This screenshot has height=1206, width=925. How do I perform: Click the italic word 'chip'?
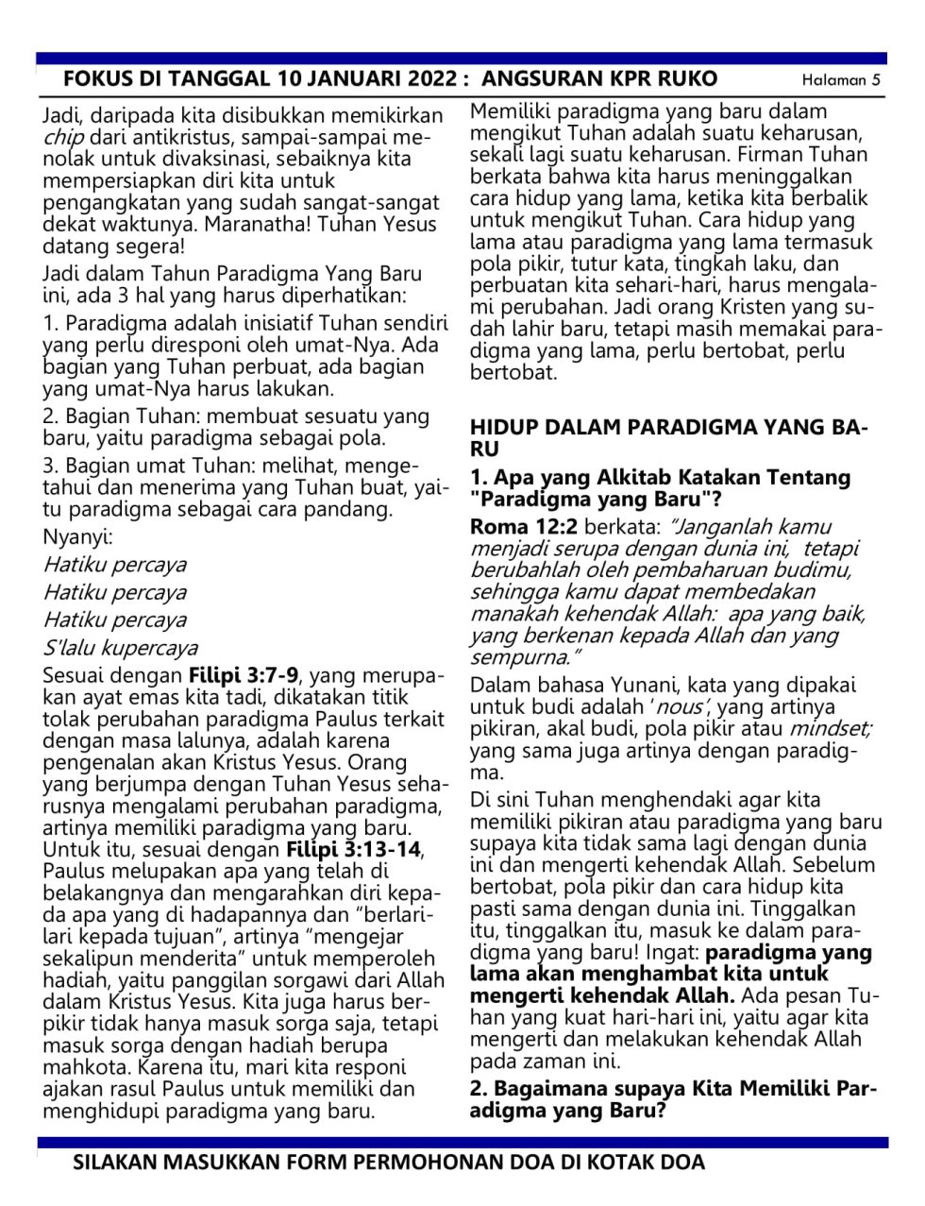click(x=61, y=138)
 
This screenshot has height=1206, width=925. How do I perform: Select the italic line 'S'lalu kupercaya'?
click(x=120, y=647)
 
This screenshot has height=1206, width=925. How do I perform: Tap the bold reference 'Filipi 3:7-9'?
click(x=244, y=675)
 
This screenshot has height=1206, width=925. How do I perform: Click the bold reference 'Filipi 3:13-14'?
click(x=353, y=849)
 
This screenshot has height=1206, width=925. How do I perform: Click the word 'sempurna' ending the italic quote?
click(x=520, y=656)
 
